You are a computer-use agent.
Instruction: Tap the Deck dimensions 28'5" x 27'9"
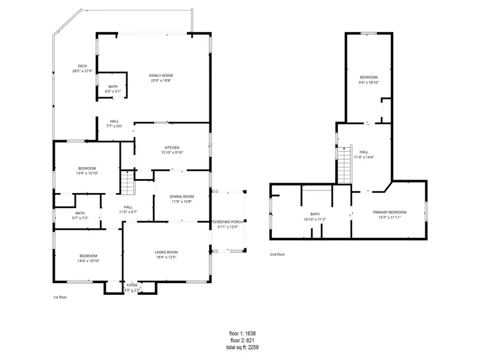coord(83,71)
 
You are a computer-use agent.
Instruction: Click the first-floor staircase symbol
coord(127,183)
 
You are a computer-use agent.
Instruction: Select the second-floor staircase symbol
coord(344,165)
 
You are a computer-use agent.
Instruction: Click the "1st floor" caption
coord(60,297)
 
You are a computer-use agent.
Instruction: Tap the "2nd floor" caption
coord(278,254)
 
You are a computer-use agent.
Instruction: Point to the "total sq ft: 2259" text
coord(243,347)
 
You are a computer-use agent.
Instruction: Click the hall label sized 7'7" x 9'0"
coord(114,124)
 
